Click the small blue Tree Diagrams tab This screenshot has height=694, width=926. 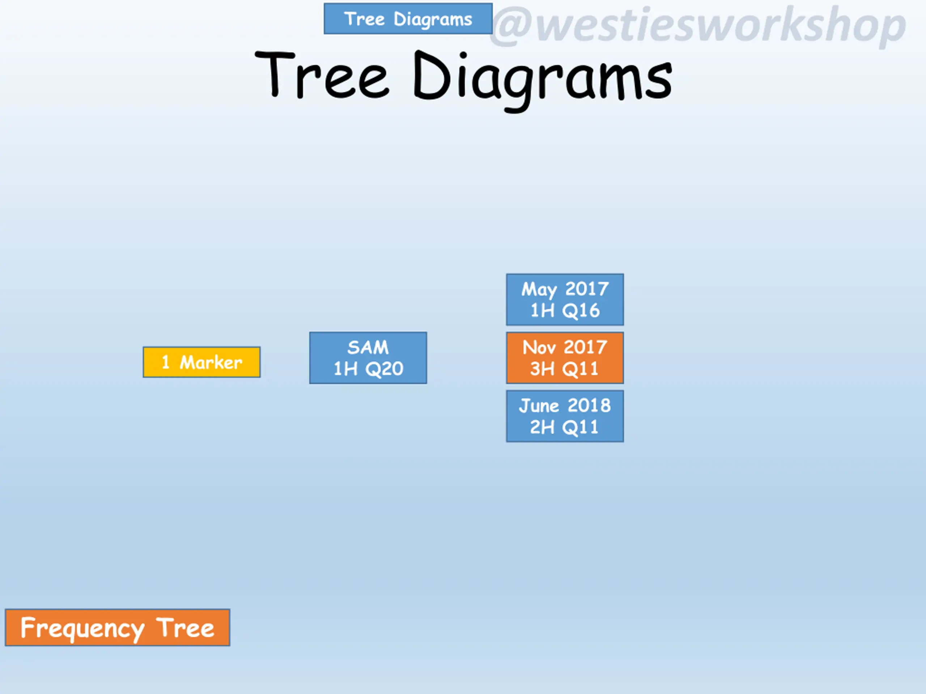(408, 19)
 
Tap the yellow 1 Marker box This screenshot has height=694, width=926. (201, 362)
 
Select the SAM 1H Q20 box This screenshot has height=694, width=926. (368, 358)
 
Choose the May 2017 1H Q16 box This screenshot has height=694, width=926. (565, 300)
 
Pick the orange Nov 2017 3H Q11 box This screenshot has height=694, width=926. (565, 358)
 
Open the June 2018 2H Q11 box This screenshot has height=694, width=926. (565, 416)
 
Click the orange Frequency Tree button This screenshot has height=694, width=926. (117, 627)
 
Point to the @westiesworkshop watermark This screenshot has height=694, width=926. (698, 26)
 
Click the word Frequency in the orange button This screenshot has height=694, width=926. (82, 629)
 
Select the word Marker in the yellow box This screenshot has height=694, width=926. (211, 362)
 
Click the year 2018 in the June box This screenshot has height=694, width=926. (589, 405)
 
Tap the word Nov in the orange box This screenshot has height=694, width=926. (540, 347)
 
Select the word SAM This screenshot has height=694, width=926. (368, 347)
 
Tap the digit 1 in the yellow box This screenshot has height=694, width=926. (165, 362)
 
